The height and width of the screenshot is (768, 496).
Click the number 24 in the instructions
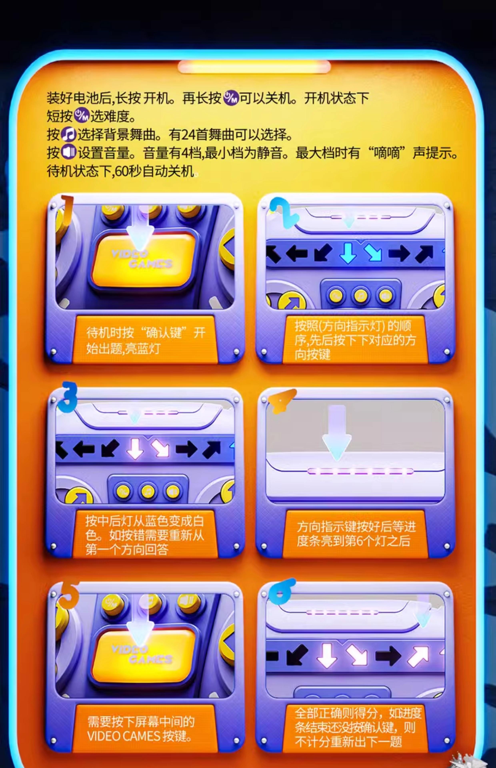188,135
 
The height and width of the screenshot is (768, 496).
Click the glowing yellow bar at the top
254,67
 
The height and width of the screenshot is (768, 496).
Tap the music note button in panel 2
360,295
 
